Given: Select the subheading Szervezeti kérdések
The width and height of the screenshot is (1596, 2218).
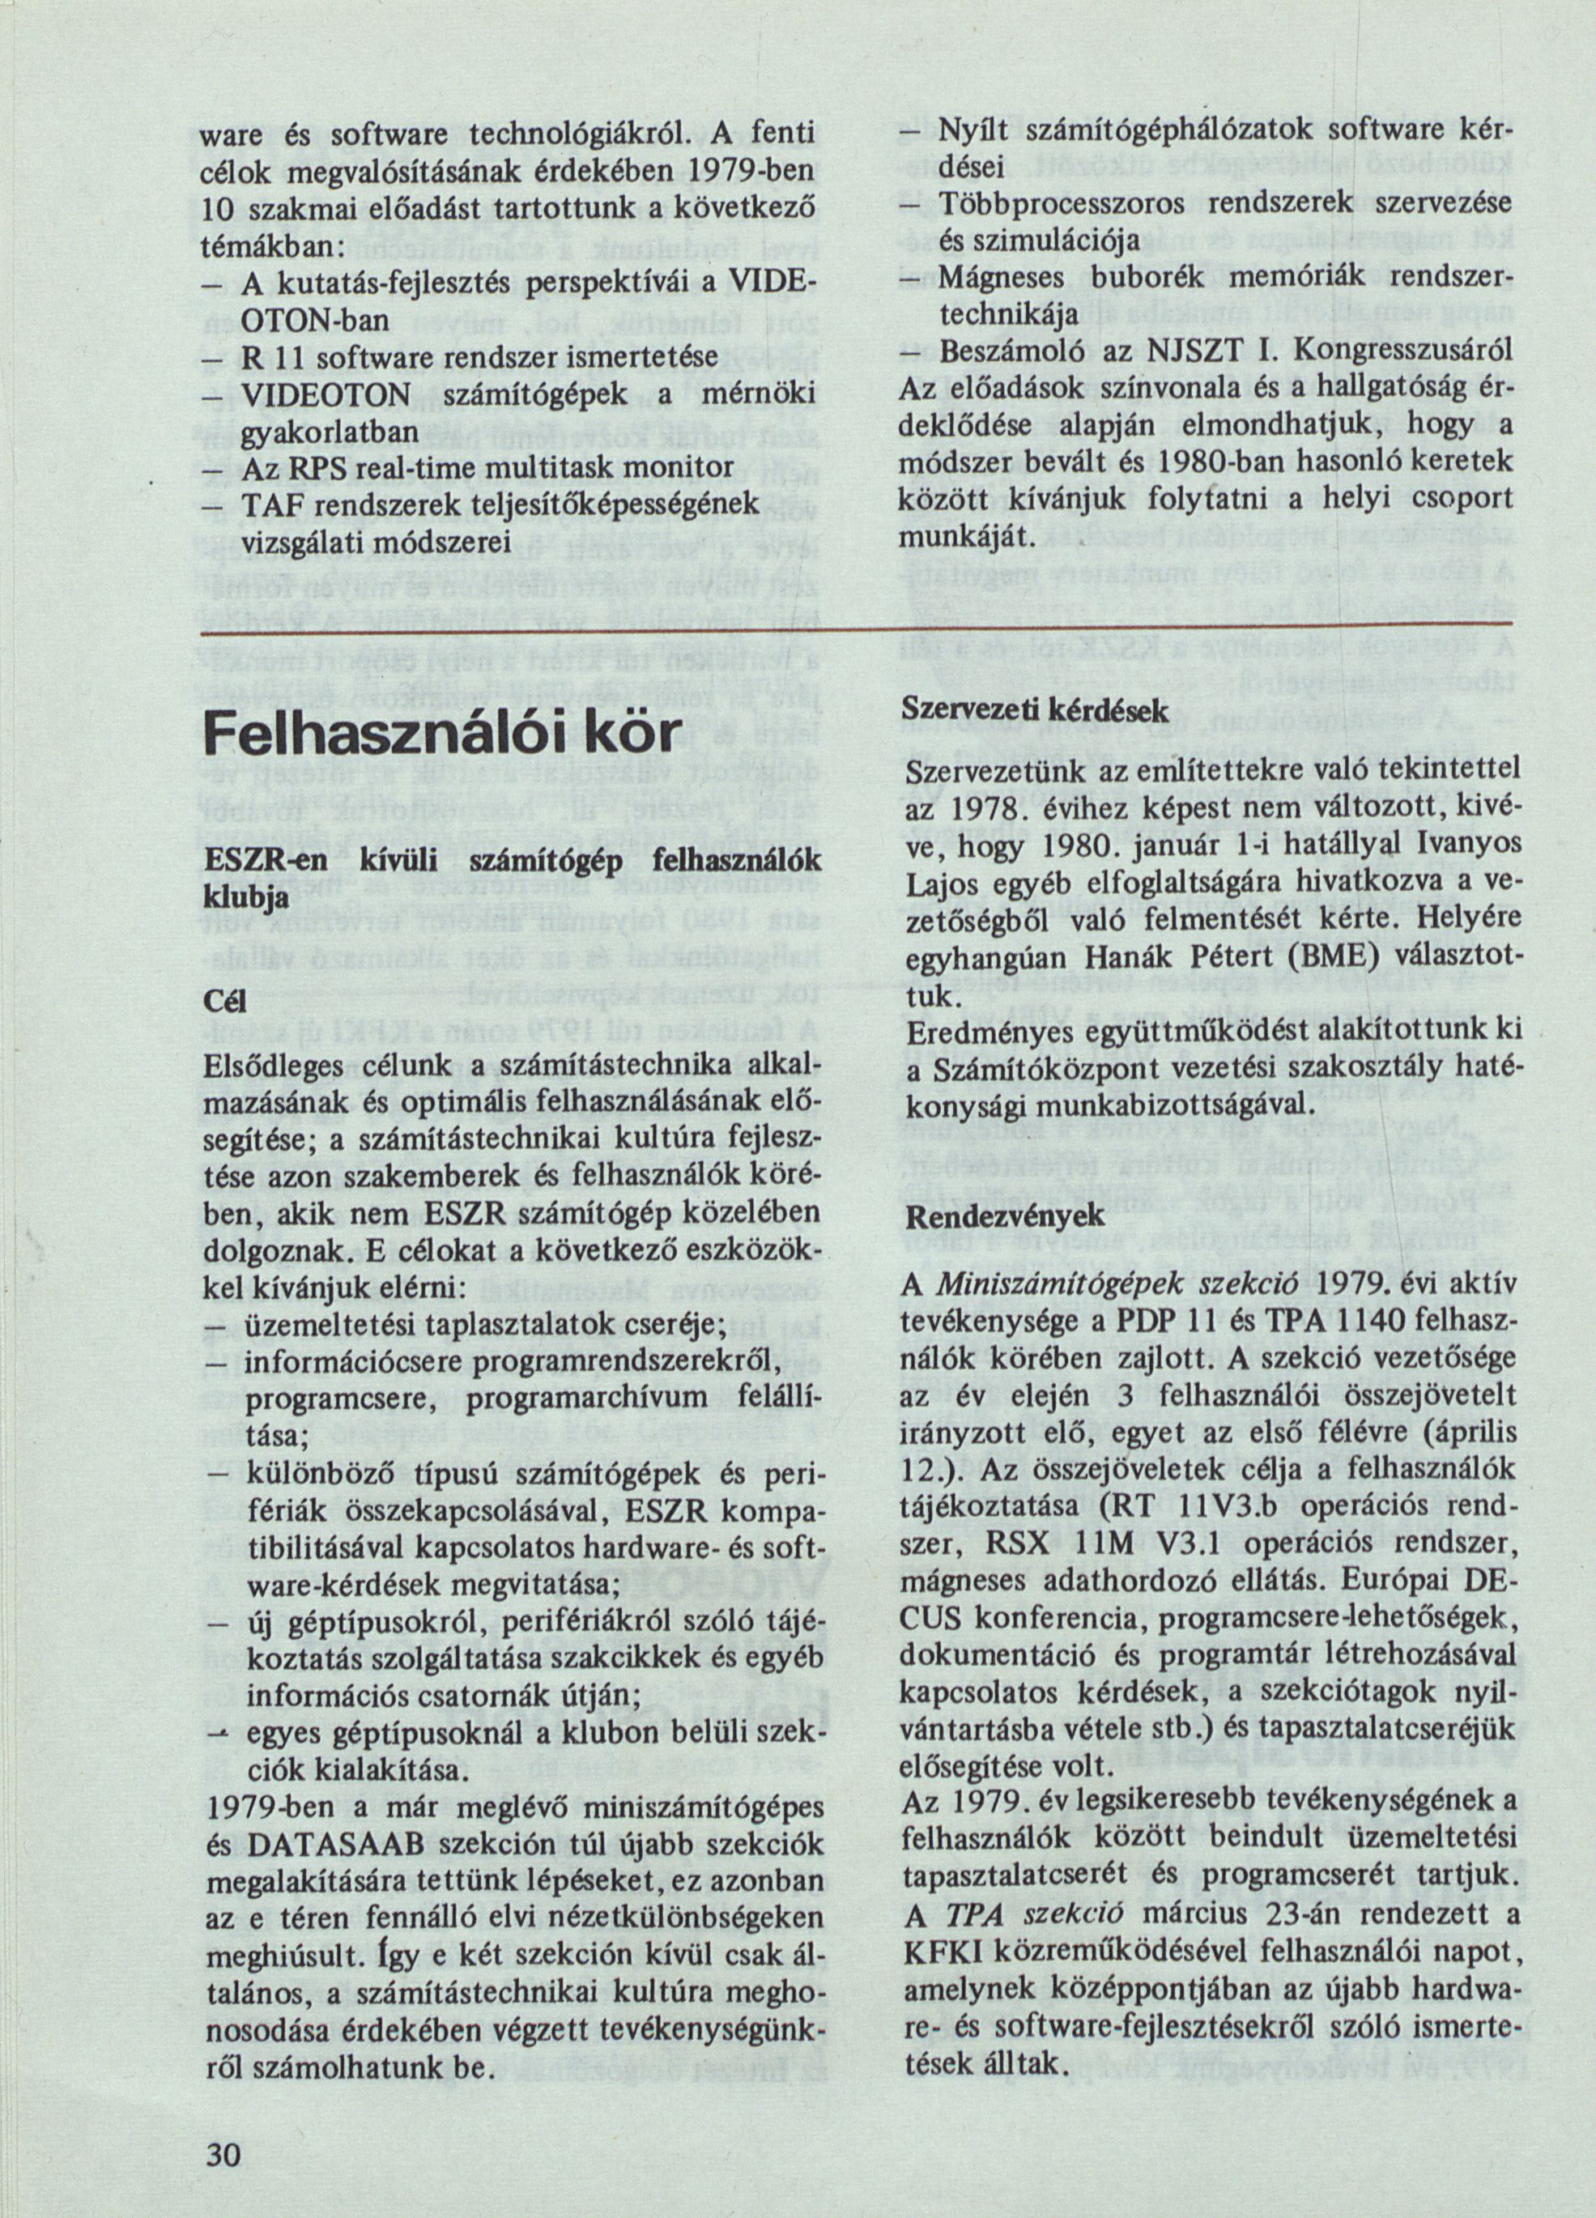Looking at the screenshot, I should tap(1036, 710).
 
